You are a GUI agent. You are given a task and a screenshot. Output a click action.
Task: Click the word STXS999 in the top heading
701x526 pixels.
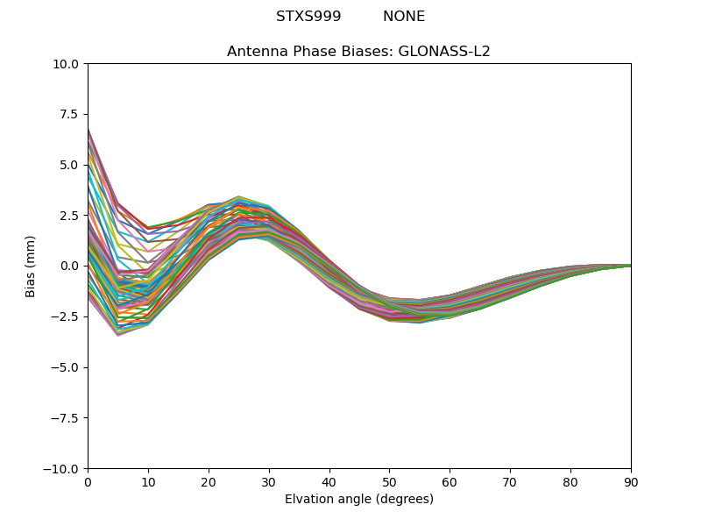pos(308,17)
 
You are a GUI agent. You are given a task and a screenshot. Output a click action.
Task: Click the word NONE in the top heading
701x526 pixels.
pos(403,17)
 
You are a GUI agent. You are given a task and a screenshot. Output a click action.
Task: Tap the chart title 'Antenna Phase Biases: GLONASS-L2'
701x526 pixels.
pos(358,52)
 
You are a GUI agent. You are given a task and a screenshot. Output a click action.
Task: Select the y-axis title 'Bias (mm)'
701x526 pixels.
pos(31,266)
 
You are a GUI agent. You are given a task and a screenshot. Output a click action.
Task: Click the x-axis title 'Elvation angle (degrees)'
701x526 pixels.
pos(358,500)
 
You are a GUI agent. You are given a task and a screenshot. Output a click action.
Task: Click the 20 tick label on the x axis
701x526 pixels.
pos(209,482)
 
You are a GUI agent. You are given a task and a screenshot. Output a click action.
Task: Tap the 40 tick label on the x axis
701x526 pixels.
pos(329,482)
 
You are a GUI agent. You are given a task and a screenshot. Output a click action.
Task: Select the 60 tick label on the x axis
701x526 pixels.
pos(450,482)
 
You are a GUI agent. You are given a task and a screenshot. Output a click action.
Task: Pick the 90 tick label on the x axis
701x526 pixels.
pos(630,482)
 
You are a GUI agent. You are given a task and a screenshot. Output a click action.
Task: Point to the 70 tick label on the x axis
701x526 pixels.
pos(510,482)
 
